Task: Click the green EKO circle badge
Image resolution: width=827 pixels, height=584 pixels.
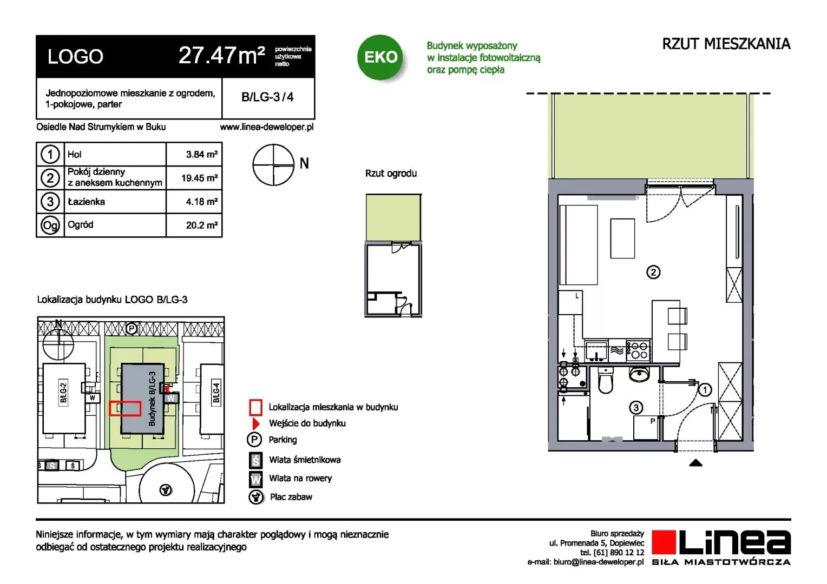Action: coord(380,57)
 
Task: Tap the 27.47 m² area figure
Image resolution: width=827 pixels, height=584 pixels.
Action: coord(221,56)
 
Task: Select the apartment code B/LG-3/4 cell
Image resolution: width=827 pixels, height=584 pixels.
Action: coord(268,97)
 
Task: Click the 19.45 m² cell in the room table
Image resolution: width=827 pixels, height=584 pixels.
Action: coord(194,178)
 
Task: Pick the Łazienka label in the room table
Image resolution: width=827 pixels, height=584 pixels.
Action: coord(87,202)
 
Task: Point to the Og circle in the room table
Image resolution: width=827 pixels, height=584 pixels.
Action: coord(50,225)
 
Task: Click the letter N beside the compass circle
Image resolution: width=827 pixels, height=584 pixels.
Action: coord(304,163)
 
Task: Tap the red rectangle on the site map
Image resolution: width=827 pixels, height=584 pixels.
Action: coord(125,409)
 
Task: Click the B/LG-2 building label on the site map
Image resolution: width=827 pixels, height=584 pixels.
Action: coord(63,393)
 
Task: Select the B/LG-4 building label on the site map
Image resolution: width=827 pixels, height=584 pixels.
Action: coord(216,393)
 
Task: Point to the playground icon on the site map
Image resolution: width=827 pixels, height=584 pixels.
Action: coord(166,490)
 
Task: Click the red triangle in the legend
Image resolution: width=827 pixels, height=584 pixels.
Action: coord(255,423)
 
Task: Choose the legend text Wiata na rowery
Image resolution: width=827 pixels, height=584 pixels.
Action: coord(300,478)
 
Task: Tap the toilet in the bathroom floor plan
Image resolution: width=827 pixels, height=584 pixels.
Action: coord(606,381)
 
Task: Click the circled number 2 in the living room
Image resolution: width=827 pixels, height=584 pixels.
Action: coord(653,272)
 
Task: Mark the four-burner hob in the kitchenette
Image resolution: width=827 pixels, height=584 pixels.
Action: coord(639,350)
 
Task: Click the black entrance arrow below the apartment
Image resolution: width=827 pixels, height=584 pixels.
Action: coord(695,463)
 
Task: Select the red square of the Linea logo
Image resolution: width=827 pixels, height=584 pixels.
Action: coord(664,542)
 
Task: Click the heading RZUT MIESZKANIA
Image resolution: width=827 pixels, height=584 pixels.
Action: coord(726,44)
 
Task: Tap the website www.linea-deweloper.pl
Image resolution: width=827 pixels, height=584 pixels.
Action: coord(267,127)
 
